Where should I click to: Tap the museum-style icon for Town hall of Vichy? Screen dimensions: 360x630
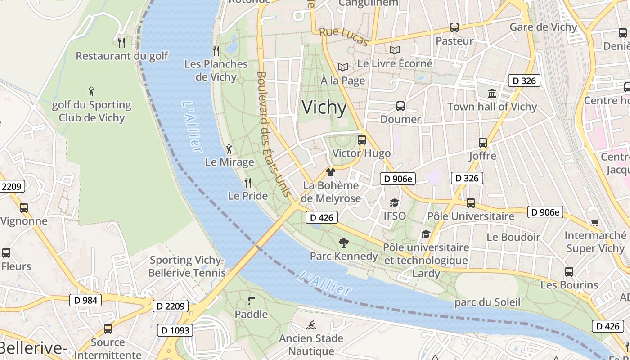pyautogui.click(x=492, y=94)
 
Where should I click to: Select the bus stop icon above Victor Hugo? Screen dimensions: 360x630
pyautogui.click(x=362, y=140)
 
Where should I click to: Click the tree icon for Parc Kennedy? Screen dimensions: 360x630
pyautogui.click(x=344, y=243)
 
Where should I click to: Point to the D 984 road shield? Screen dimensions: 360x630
pyautogui.click(x=85, y=300)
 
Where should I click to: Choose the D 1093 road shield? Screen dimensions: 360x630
pyautogui.click(x=175, y=330)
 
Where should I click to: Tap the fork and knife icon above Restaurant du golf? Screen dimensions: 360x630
pyautogui.click(x=121, y=43)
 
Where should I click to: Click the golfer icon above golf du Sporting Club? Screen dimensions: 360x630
pyautogui.click(x=92, y=91)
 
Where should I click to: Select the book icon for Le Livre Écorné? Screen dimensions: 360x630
pyautogui.click(x=395, y=50)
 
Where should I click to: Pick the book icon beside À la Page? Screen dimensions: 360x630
pyautogui.click(x=343, y=67)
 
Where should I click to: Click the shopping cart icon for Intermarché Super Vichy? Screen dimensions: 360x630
pyautogui.click(x=595, y=222)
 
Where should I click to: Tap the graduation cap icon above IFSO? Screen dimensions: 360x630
pyautogui.click(x=395, y=203)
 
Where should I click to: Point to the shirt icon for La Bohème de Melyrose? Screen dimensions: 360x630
pyautogui.click(x=331, y=172)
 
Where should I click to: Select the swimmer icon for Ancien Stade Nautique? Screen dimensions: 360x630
pyautogui.click(x=311, y=325)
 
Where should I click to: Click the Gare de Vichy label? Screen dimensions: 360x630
pyautogui.click(x=543, y=27)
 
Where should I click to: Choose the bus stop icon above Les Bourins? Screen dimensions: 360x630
pyautogui.click(x=569, y=272)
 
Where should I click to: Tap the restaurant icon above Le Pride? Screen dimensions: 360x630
pyautogui.click(x=247, y=183)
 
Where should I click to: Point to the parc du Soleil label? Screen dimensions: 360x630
pyautogui.click(x=487, y=302)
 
